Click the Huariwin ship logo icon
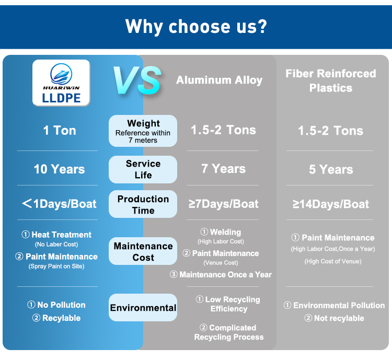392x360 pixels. coord(61,74)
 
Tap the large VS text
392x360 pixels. coord(137,80)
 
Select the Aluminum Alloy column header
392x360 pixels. coord(219,80)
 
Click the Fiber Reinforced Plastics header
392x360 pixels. coord(331,80)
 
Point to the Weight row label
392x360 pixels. coord(143,131)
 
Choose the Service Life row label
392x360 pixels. coord(143,169)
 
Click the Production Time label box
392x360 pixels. coord(143,204)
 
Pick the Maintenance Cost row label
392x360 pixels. coord(143,251)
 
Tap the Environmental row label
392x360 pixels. coord(143,308)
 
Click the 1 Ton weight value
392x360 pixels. coord(60,131)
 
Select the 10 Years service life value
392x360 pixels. coord(59,169)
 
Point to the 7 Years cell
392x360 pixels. coord(224,169)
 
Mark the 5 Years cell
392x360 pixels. coord(331,169)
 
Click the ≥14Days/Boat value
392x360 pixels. coord(331,204)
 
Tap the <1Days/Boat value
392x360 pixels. coord(59,204)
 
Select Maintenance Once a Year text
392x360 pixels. coord(221,274)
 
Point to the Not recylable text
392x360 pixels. coord(335,318)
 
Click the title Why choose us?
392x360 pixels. coord(196,26)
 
